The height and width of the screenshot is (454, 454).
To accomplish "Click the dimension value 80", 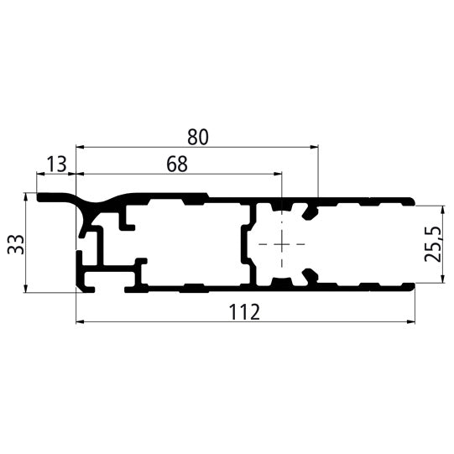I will point(197,135).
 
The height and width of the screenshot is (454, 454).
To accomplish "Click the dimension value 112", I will point(244,312).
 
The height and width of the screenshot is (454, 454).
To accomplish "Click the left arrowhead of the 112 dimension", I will point(81,321).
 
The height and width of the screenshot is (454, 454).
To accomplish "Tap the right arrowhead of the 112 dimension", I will point(411,321).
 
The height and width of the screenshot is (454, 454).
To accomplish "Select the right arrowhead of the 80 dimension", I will point(315,147).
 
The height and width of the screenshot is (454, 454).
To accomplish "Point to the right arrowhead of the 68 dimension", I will point(278,175).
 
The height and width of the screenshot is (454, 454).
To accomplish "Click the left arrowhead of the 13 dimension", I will point(40,175).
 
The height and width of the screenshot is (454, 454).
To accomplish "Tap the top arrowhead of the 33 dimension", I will point(27,198).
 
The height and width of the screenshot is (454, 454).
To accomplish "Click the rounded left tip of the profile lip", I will point(39,198).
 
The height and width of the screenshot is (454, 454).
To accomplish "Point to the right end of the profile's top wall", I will point(412,201).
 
